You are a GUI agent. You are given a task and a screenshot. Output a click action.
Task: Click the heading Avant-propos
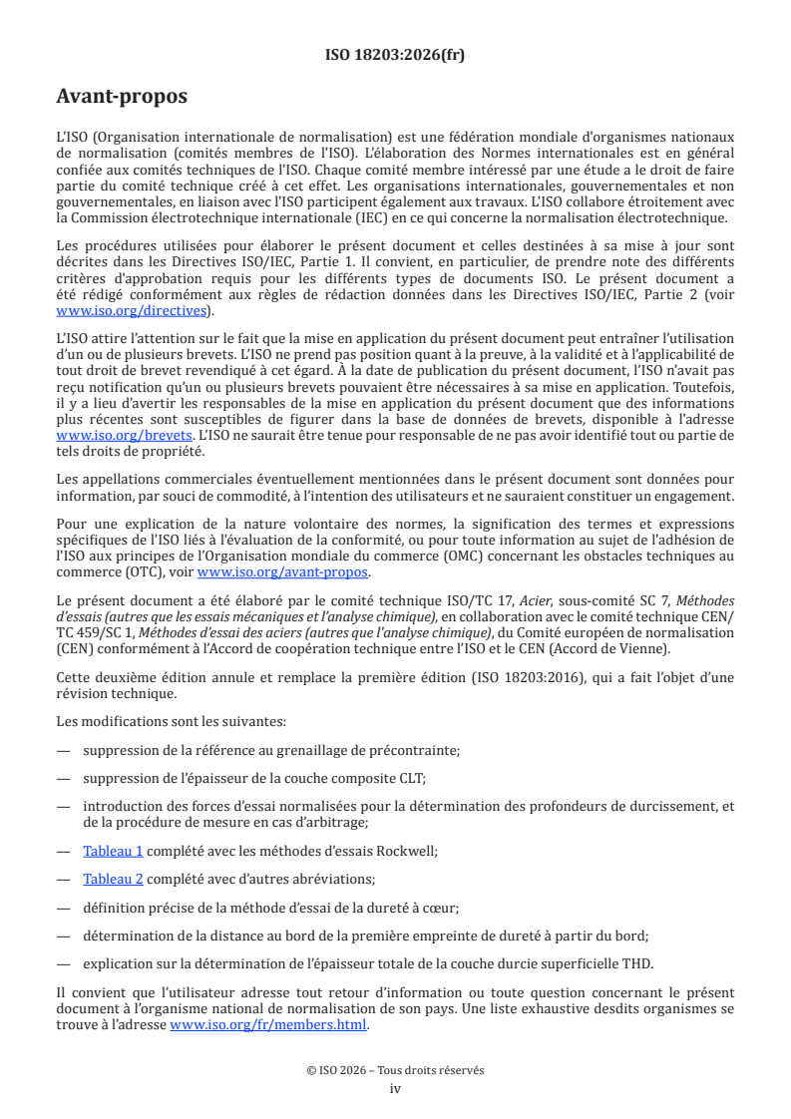click(x=122, y=98)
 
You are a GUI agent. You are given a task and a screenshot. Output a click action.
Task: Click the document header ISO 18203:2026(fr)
click(x=395, y=55)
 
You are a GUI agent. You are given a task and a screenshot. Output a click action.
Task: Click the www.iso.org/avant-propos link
click(x=282, y=572)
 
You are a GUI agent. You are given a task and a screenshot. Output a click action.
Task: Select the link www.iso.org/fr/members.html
click(x=268, y=1024)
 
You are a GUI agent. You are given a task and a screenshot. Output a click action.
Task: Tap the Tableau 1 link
click(x=113, y=851)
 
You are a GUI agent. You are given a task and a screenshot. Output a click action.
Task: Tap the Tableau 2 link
click(x=113, y=880)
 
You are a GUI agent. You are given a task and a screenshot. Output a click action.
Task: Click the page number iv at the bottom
click(x=395, y=1088)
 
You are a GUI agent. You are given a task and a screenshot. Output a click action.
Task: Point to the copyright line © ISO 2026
click(x=395, y=1070)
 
